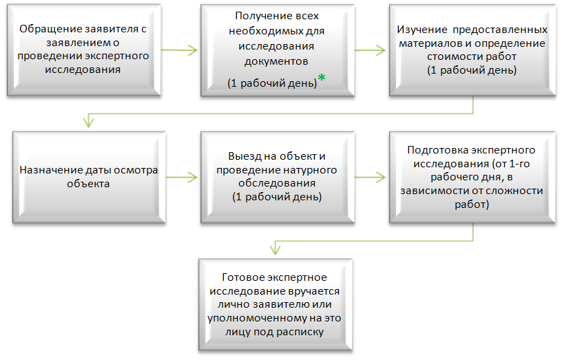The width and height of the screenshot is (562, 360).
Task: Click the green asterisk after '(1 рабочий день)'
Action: point(322,77)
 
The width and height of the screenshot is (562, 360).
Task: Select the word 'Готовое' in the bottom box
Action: point(243,277)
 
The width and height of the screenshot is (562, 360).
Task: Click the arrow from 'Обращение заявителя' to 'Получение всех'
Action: point(179,50)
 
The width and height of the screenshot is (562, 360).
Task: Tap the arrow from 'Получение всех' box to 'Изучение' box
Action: point(370,50)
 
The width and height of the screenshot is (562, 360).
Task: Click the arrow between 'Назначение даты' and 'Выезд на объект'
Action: point(181,178)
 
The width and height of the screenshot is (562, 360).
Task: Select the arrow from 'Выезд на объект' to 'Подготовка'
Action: point(370,178)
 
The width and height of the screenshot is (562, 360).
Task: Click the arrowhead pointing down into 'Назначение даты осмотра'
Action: point(89,122)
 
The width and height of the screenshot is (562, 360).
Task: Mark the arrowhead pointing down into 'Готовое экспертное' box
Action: point(275,249)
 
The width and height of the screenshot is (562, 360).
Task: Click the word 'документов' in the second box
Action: point(276,62)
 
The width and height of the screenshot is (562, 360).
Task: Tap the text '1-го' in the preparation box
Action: point(519,164)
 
